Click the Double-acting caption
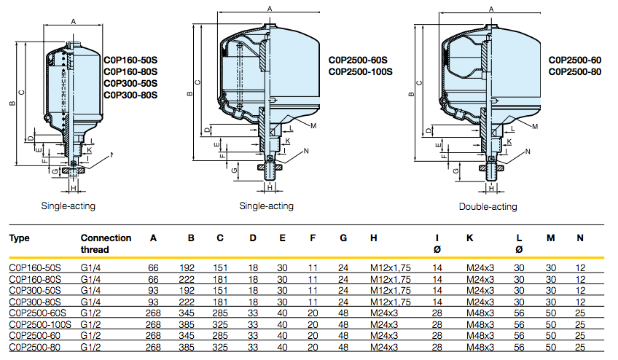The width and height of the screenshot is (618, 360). pos(488,206)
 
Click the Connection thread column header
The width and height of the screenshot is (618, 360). pos(106,243)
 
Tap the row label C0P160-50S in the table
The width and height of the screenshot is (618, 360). pos(35,268)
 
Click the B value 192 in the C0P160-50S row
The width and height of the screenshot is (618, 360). pos(187,268)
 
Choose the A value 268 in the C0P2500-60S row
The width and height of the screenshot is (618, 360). pos(153,313)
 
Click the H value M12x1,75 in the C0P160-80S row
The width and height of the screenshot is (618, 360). pos(391,279)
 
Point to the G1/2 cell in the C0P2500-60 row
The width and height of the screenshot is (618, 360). pos(92,335)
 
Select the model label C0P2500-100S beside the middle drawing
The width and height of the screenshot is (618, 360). pos(361,71)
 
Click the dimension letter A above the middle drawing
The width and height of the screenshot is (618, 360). pos(270,8)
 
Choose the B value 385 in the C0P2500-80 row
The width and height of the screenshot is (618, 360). pos(187,347)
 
